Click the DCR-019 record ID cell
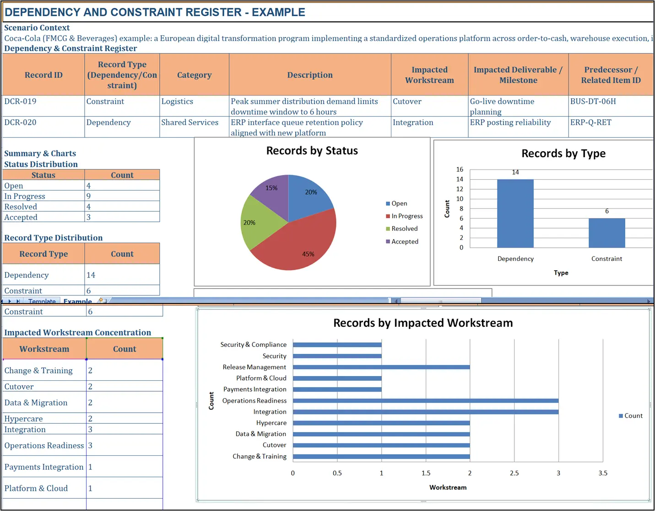pos(21,101)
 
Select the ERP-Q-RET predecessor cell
pos(590,122)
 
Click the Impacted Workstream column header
pos(429,75)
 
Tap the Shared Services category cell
pos(189,122)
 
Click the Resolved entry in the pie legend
pos(404,229)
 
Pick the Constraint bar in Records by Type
pos(606,233)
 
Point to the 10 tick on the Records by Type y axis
pos(460,199)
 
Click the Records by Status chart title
pos(312,151)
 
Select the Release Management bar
pos(381,367)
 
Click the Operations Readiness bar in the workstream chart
pos(425,401)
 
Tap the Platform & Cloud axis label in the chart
pos(261,378)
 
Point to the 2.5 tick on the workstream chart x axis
pos(514,474)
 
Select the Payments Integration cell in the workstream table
pos(44,467)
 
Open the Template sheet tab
pos(42,301)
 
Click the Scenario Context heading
pos(37,28)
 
